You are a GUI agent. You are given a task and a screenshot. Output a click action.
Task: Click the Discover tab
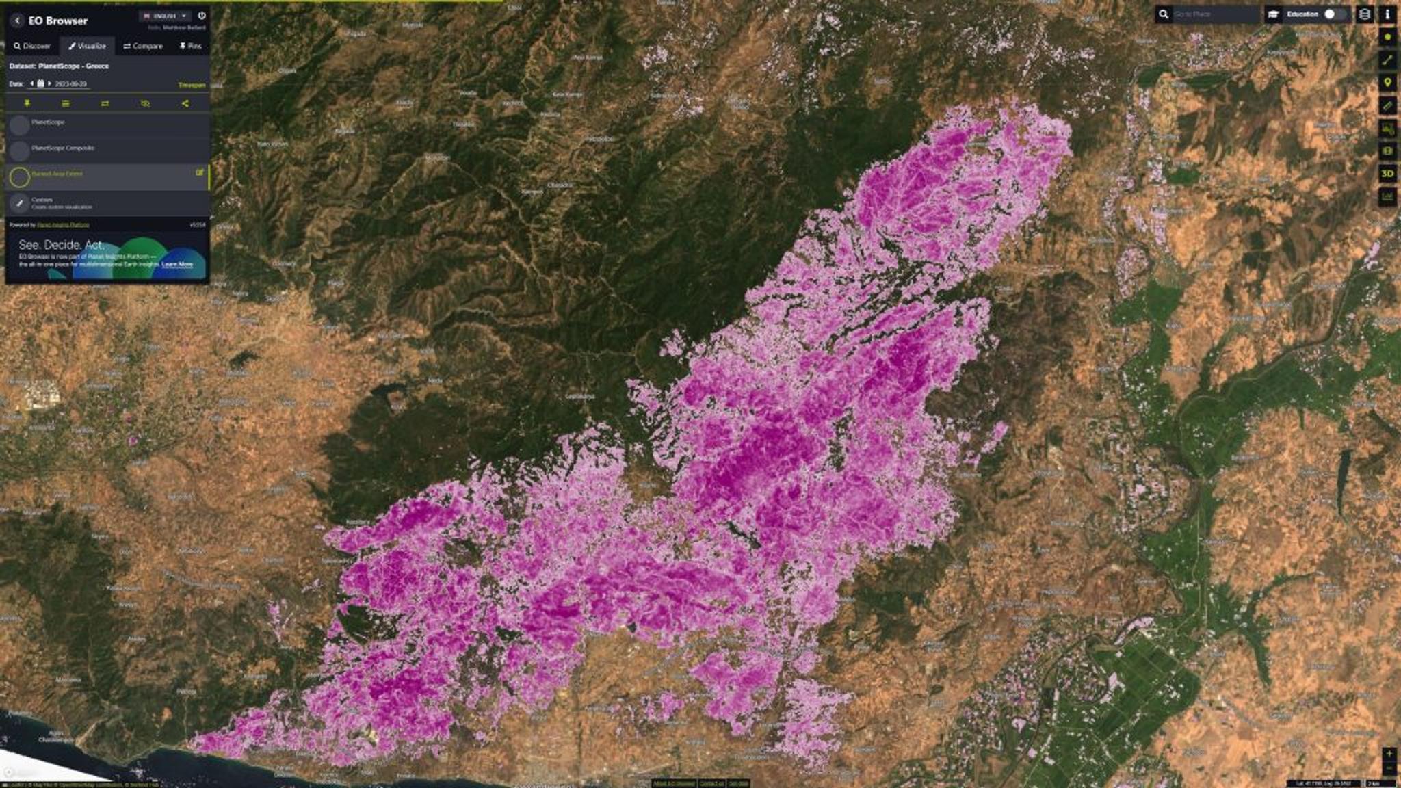pos(32,46)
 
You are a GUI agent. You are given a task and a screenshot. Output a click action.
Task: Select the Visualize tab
pos(87,46)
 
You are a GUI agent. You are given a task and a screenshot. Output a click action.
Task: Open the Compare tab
pos(143,46)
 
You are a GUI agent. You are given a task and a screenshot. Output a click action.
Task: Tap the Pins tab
pos(190,46)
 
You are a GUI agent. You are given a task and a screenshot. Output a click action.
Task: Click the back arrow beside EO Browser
pos(18,21)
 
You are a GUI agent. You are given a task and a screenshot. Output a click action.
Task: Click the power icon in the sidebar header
pos(202,15)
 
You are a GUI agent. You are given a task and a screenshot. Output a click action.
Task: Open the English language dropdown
pos(164,16)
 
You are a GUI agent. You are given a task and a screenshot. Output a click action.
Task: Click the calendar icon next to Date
pos(40,83)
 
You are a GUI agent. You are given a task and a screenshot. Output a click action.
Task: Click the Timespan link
pos(192,85)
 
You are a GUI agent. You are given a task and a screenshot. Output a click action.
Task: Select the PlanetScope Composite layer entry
pos(63,148)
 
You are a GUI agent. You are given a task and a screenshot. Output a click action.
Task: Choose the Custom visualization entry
pos(62,203)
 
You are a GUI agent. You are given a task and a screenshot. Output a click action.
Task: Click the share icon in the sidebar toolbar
pos(185,103)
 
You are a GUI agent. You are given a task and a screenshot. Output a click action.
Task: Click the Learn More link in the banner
pos(177,264)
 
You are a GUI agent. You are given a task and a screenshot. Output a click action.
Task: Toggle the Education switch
pos(1333,14)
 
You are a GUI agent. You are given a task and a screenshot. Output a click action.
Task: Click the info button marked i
pos(1387,14)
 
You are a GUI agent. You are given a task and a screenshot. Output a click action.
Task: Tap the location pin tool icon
pos(1387,83)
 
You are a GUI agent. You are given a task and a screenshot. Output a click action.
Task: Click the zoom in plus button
pos(1389,753)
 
